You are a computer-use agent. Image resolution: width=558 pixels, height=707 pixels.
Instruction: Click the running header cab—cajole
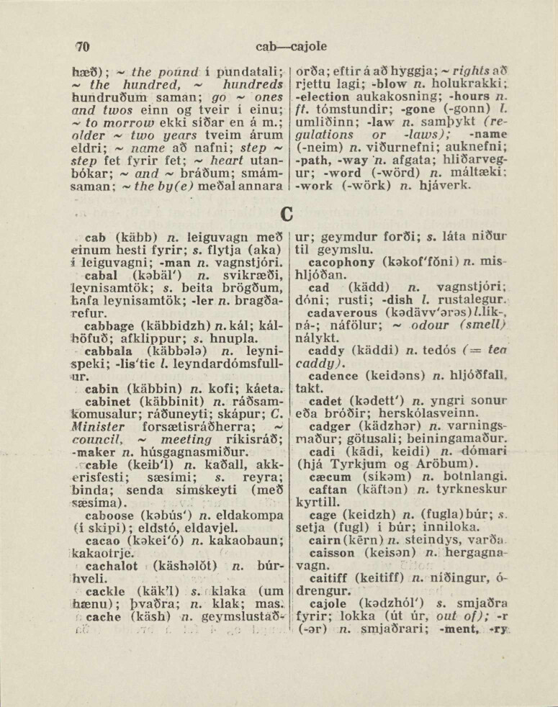point(291,47)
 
